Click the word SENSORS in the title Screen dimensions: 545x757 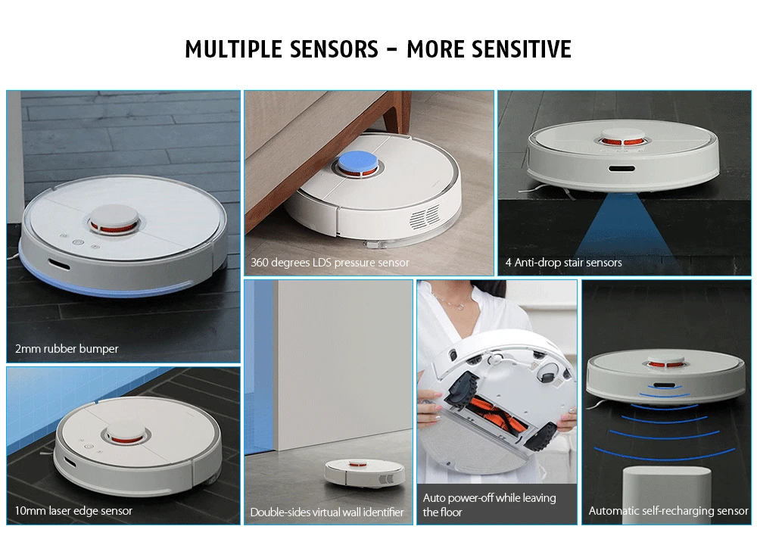point(333,49)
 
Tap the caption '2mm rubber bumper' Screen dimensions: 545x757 point(67,349)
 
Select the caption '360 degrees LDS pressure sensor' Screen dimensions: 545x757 point(330,263)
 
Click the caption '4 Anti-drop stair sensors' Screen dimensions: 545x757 point(563,263)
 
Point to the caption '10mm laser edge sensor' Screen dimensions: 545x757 point(73,511)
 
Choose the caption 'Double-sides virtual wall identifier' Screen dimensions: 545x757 point(327,512)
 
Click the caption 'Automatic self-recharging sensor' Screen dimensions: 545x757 point(668,511)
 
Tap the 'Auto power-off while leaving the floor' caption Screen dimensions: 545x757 point(489,505)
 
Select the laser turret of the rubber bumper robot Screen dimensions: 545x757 point(114,219)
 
